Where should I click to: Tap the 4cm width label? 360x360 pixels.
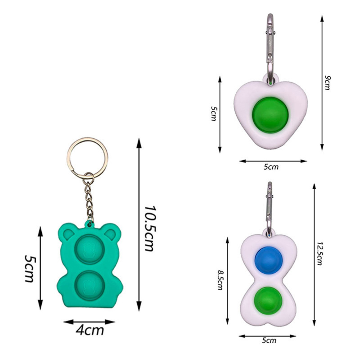pos(90,330)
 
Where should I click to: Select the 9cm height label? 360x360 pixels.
pos(328,83)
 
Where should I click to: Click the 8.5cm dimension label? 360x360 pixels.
pos(220,280)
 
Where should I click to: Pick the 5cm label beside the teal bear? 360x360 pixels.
pos(29,268)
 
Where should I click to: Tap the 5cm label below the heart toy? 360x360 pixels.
pos(271,167)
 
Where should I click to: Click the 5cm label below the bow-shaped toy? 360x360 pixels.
pos(269,340)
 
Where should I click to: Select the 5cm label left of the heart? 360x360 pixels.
pos(213,114)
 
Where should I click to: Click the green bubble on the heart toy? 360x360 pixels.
pos(270,115)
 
